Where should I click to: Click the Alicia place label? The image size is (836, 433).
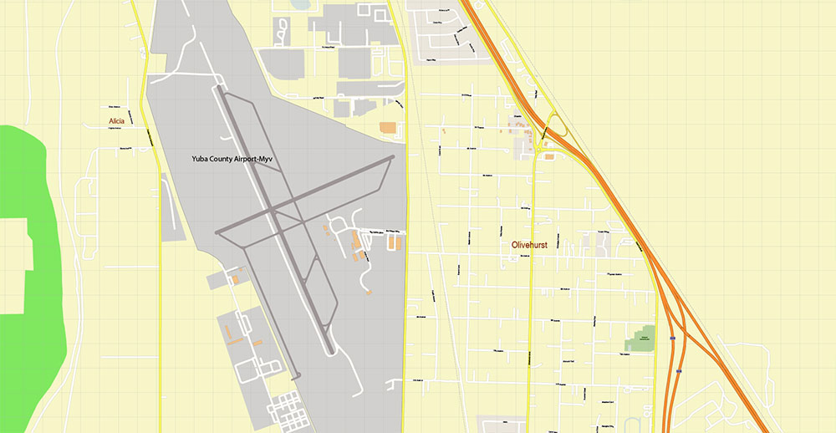click(116, 122)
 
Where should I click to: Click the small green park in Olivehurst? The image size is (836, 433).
click(641, 339)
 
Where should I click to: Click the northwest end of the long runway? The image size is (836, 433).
click(218, 87)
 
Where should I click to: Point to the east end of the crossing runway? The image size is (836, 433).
click(392, 157)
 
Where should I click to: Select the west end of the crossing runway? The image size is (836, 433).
click(218, 231)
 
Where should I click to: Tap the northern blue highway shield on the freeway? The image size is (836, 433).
click(672, 339)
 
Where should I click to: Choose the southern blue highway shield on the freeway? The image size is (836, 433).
click(679, 368)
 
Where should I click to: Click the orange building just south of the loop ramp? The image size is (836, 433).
click(549, 156)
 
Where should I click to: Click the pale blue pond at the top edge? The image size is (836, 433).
click(299, 4)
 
